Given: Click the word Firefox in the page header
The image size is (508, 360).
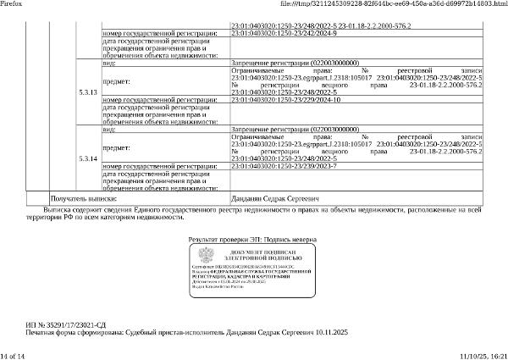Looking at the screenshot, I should click(x=11, y=4).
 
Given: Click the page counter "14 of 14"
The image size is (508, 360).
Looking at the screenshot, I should click(x=14, y=355).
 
